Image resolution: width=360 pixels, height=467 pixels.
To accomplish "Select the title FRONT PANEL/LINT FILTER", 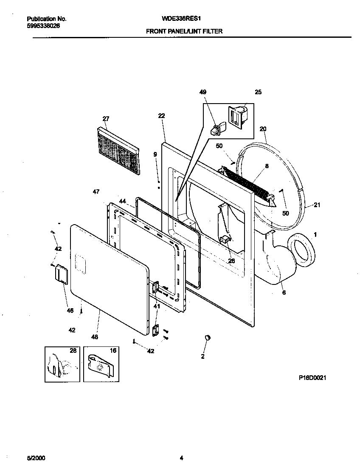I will (x=184, y=31).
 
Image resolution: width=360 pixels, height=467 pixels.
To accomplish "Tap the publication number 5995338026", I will (x=43, y=25).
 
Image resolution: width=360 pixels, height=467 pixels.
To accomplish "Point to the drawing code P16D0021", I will (x=312, y=377).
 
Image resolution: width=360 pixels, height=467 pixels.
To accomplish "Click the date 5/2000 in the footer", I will (x=36, y=458).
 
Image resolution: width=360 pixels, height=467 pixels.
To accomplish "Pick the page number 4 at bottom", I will (x=181, y=458).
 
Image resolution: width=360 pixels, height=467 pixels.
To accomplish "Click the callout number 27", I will (x=106, y=118).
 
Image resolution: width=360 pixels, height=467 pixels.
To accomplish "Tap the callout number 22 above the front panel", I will (x=161, y=115).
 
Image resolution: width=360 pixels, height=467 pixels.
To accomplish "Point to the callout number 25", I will (x=258, y=92).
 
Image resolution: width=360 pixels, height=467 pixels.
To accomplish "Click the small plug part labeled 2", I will (x=208, y=338).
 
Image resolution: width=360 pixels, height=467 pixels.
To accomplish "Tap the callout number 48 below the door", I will (x=94, y=337).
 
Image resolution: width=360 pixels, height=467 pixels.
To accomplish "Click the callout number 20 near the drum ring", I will (x=263, y=129).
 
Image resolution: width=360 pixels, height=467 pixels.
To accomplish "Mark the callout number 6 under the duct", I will (x=284, y=293).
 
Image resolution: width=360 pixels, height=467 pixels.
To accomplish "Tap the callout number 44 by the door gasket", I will (x=122, y=201).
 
